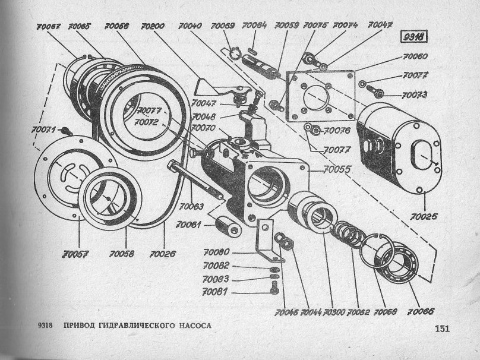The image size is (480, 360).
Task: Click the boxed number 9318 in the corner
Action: pyautogui.click(x=415, y=36)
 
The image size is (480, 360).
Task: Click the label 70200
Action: pyautogui.click(x=153, y=27)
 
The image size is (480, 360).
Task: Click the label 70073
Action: pyautogui.click(x=414, y=95)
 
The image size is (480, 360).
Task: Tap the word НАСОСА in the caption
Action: pyautogui.click(x=191, y=326)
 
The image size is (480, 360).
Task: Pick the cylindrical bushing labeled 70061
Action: pyautogui.click(x=228, y=225)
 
